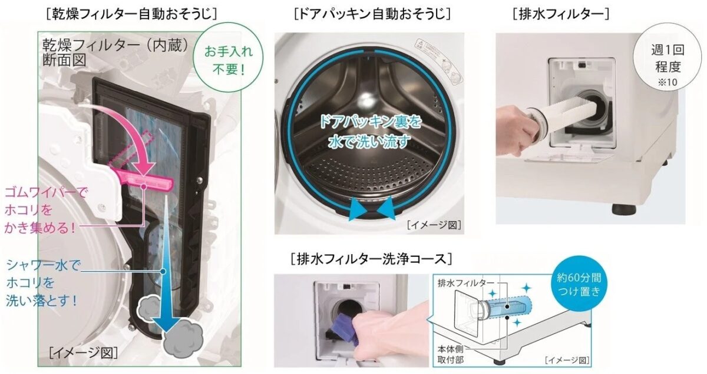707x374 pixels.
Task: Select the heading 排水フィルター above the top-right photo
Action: tap(560, 12)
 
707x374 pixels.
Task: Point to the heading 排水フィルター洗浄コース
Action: tap(372, 258)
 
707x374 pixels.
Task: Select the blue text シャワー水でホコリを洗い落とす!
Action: tap(41, 283)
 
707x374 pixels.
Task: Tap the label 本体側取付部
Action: tap(454, 349)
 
